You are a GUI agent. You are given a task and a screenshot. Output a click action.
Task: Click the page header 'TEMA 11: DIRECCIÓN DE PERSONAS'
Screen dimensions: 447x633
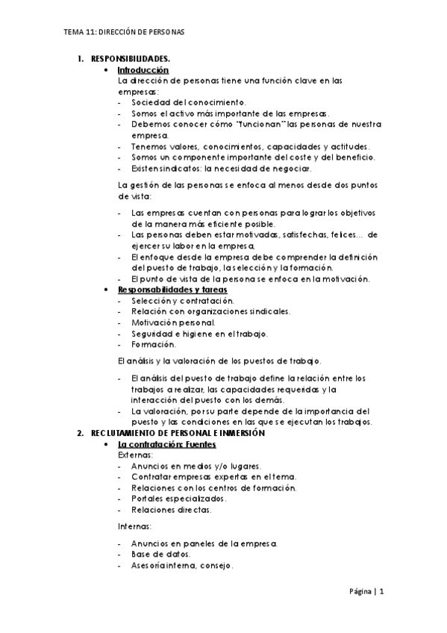[125, 33]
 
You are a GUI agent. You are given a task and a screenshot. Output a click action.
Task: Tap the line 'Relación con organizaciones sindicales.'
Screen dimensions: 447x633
[210, 311]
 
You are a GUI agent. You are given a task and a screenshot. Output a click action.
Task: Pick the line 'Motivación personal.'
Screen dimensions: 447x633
[172, 322]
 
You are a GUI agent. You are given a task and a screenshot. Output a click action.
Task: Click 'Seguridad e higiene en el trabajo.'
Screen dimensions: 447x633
[199, 334]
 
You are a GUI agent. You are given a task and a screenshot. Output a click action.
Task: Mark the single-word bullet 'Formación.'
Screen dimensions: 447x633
[154, 345]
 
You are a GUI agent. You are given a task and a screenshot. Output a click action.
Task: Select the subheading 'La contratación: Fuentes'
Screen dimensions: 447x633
[167, 445]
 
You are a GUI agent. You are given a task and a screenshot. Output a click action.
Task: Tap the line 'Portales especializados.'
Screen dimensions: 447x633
[178, 499]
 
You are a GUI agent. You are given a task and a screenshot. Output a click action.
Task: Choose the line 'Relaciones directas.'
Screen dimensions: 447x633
[171, 510]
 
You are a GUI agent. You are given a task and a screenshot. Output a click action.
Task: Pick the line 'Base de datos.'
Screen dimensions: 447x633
[160, 554]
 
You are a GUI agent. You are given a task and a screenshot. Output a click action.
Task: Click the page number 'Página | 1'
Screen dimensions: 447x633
[366, 592]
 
